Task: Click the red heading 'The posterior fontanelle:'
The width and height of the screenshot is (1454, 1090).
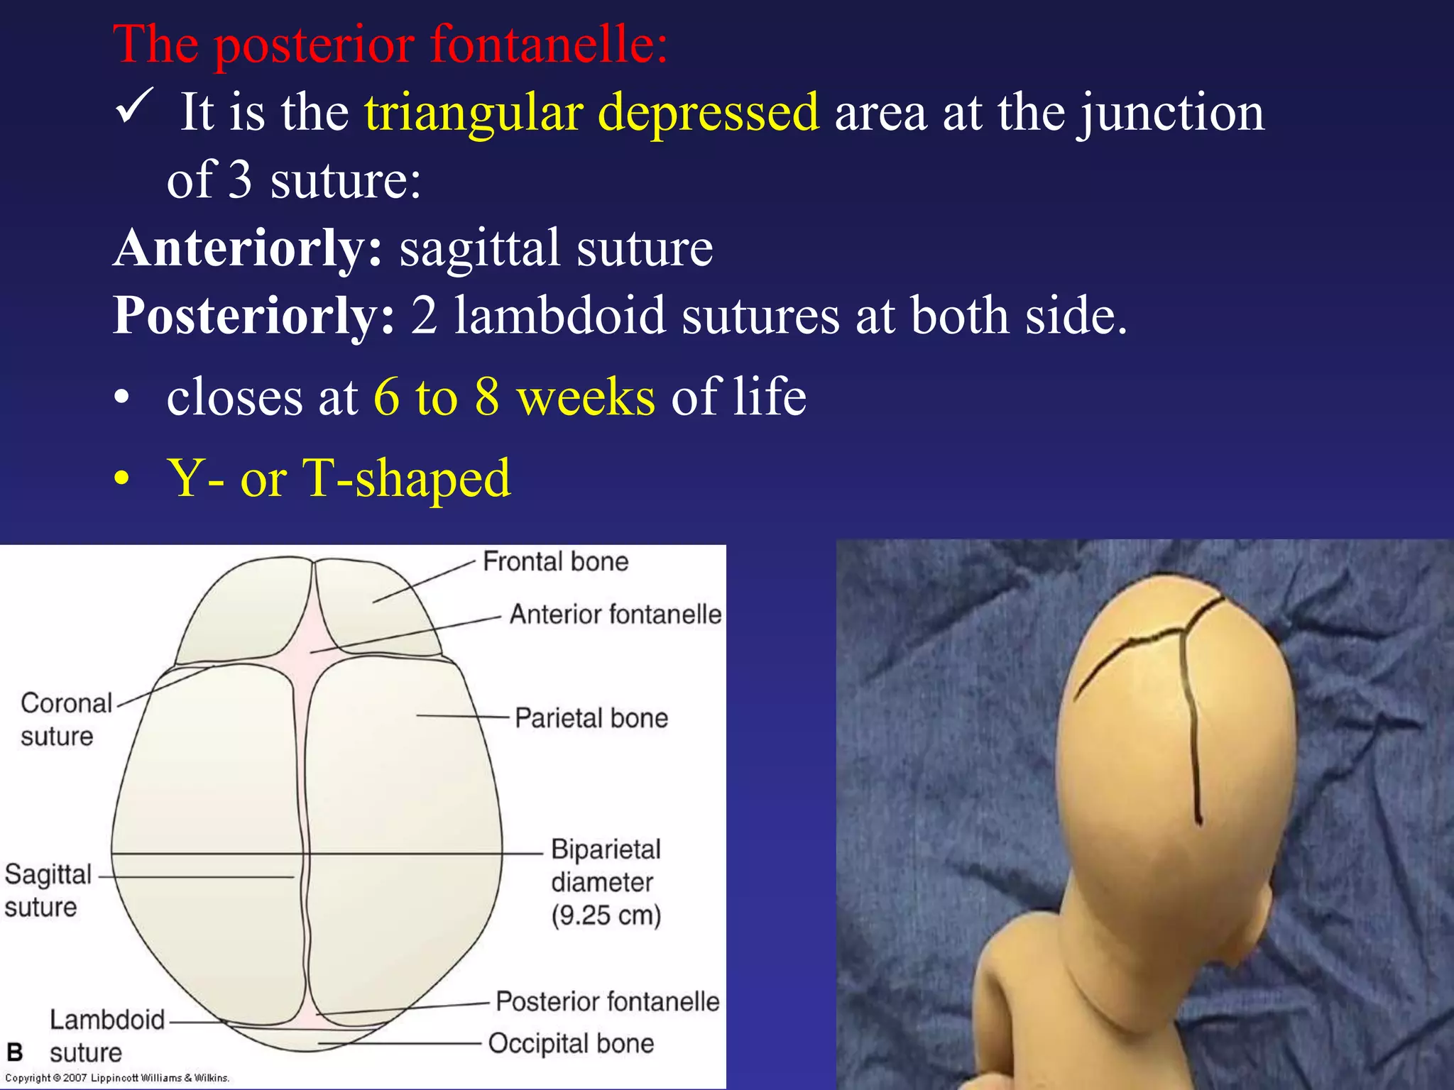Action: coord(390,44)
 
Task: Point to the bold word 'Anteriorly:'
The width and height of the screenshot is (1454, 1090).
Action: coord(248,248)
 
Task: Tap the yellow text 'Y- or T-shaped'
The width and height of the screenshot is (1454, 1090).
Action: coord(338,478)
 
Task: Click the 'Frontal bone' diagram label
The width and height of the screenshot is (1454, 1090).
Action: coord(555,562)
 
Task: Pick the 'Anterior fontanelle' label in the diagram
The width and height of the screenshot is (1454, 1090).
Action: coord(615,615)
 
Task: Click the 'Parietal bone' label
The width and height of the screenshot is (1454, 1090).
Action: coord(591,718)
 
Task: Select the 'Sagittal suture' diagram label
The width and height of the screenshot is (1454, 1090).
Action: coord(47,891)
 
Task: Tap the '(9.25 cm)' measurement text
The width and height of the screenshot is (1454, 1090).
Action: coord(606,915)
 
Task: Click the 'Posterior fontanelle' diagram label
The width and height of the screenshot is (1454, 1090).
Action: coord(607,1001)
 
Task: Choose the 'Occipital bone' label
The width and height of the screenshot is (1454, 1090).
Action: coord(571,1043)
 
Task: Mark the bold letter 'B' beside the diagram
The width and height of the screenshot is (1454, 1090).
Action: coord(14,1052)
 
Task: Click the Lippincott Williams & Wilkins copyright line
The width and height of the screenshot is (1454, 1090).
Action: coord(117,1078)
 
